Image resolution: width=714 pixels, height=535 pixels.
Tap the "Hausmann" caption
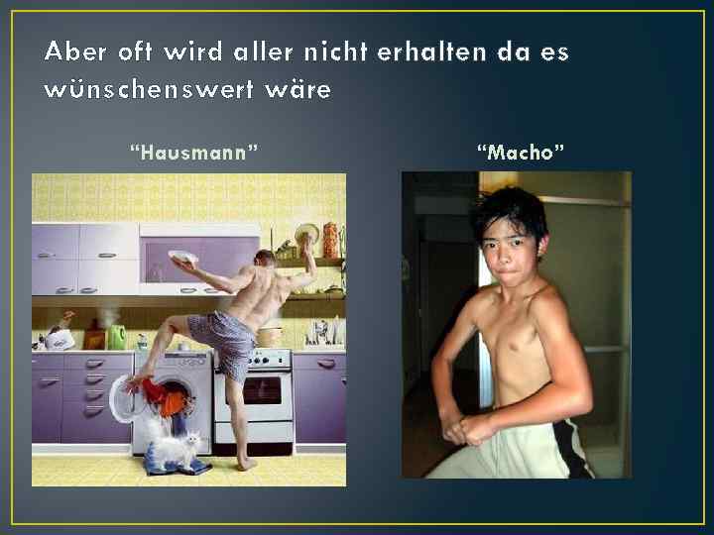(x=194, y=153)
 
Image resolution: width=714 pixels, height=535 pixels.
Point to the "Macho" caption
(x=521, y=153)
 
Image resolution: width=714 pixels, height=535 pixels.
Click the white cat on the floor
(x=178, y=450)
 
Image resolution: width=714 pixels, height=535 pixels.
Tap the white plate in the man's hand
(x=182, y=258)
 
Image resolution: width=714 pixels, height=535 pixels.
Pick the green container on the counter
(x=118, y=337)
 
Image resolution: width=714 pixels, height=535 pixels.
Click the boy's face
(x=509, y=252)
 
